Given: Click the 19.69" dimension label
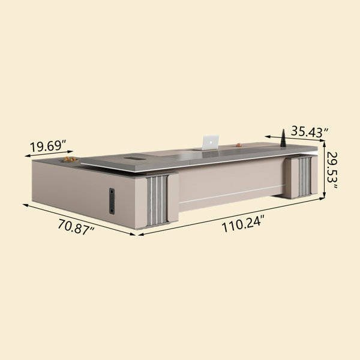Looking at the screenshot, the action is (48, 146).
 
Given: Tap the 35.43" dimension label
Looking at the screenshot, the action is (310, 132).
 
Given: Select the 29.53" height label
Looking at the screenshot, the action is (332, 170).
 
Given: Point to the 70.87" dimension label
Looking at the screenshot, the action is (76, 227).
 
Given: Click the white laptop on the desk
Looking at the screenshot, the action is (210, 142).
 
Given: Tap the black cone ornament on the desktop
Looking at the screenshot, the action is (283, 138).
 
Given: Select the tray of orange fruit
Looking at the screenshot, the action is (70, 160).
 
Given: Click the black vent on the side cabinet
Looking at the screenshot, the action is (112, 201).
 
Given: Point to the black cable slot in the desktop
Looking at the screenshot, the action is (134, 158).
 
